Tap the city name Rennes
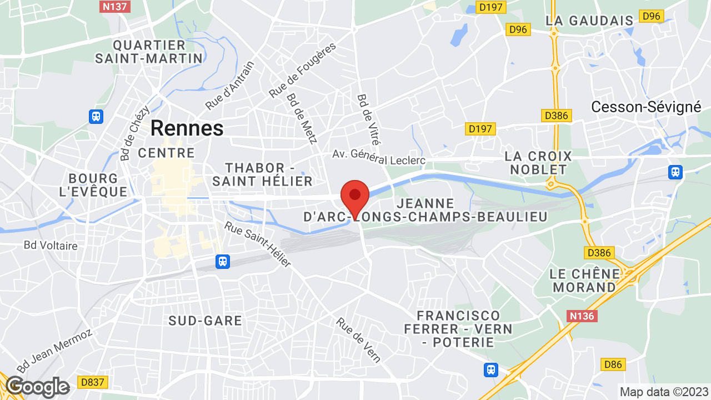[x=187, y=128]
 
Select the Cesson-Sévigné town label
[x=646, y=107]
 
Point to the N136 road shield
[x=582, y=316]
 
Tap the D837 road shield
[x=93, y=382]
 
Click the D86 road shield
[x=613, y=364]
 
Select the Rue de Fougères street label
[x=303, y=71]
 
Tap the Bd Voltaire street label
[x=51, y=245]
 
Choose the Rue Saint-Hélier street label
[x=258, y=244]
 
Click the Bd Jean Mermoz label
[x=54, y=351]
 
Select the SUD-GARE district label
[x=206, y=321]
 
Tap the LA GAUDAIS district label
[x=589, y=21]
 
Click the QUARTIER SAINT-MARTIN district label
[x=149, y=51]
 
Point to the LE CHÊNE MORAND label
[x=584, y=281]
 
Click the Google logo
[x=37, y=387]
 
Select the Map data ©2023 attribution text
[x=664, y=392]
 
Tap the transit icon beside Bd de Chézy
[x=96, y=116]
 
